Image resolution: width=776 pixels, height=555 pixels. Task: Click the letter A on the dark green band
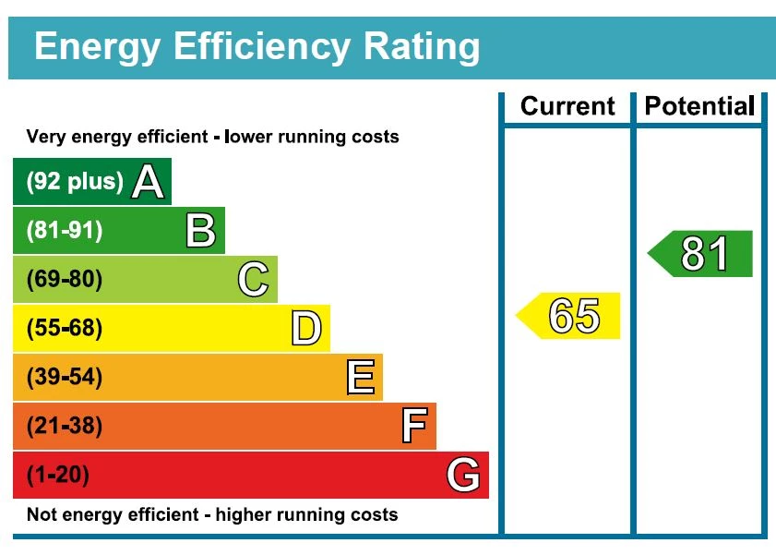point(148,182)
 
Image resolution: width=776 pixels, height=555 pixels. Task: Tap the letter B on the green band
point(200,231)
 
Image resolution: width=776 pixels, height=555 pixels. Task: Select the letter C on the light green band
point(253,280)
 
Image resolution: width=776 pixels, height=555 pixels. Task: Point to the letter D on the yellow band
point(306,329)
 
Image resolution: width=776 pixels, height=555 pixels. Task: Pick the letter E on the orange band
point(360,378)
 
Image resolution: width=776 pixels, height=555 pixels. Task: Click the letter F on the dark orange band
point(413,427)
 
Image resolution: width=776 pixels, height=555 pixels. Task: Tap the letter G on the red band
point(463,476)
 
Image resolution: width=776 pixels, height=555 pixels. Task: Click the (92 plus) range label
point(74,182)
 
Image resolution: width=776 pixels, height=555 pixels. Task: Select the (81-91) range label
point(64,231)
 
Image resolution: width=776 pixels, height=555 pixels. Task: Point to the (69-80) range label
point(64,280)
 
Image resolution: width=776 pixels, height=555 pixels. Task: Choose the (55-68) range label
point(64,329)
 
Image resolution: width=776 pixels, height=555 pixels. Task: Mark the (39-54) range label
point(64,378)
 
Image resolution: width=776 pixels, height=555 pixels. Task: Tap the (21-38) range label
point(64,427)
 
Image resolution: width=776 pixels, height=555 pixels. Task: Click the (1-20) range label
point(57,476)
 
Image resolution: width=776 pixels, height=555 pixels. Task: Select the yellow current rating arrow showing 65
point(569,316)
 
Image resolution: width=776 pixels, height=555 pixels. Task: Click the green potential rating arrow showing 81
point(702,254)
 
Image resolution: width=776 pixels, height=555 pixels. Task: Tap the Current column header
point(567,106)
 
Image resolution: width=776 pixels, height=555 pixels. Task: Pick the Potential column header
point(699,106)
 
